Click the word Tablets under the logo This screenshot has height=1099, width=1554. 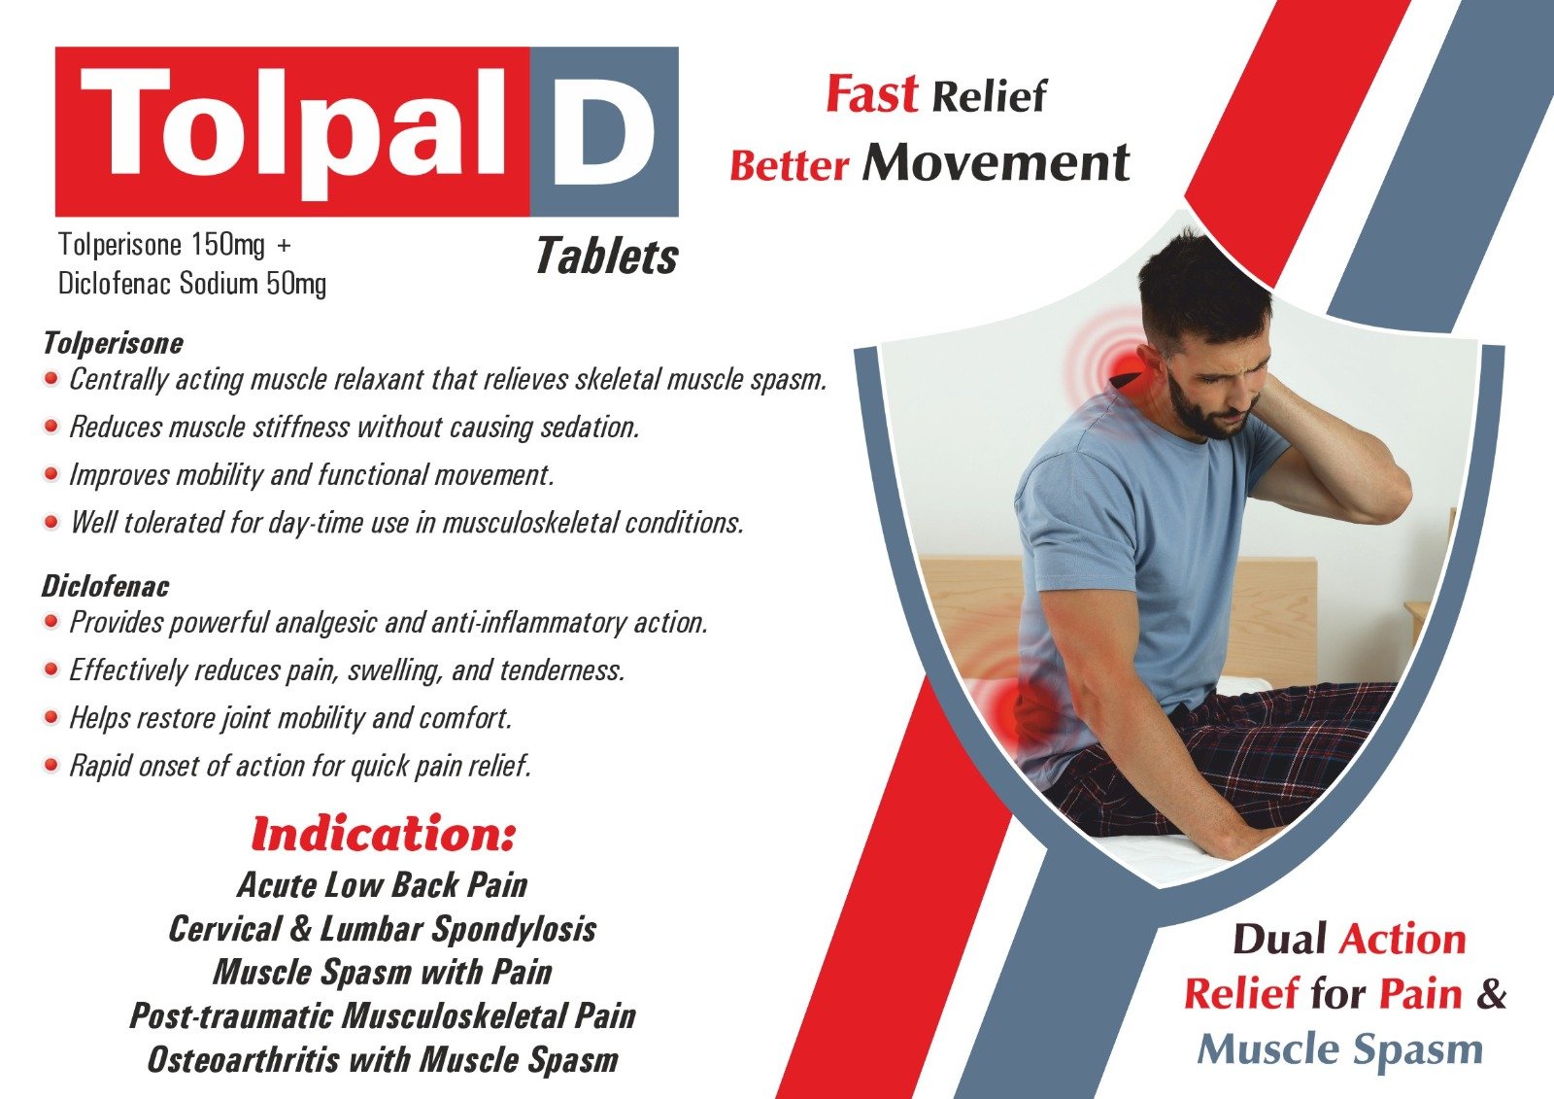pos(606,257)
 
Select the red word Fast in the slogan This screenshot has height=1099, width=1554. pos(871,94)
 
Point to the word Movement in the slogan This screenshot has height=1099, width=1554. pos(997,162)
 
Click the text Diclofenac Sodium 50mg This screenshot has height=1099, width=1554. pos(192,284)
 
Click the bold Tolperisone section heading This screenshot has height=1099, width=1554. pos(113,343)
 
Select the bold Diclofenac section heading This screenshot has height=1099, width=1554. pos(105,586)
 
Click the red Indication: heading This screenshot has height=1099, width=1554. pos(383,834)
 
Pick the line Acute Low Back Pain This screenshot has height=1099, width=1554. pos(383,884)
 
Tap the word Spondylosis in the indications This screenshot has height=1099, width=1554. pos(514,929)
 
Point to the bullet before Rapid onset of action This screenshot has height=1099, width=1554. pos(51,766)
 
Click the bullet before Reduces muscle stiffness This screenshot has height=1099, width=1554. pos(51,426)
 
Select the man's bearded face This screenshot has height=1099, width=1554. pos(1214,379)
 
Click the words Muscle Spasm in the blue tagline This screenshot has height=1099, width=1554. pos(1340,1049)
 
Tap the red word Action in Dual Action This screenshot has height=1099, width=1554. pos(1402,940)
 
